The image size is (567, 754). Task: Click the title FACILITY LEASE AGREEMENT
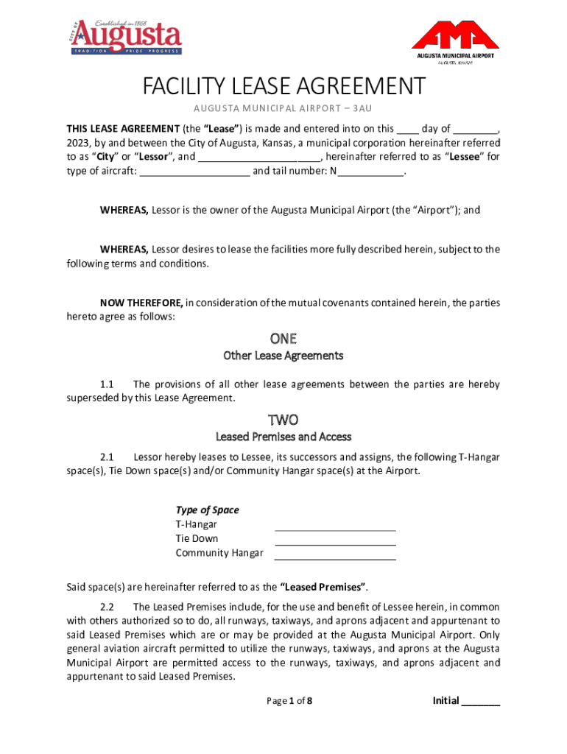tap(283, 87)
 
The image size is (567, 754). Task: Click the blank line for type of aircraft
tap(194, 172)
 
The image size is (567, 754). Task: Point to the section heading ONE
tap(283, 339)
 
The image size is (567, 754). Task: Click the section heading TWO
tap(283, 420)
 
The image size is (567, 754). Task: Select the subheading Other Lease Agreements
tap(283, 356)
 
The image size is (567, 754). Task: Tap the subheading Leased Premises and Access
tap(283, 437)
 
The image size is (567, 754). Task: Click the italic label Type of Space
tap(207, 510)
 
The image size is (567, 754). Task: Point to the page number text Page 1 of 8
tap(289, 701)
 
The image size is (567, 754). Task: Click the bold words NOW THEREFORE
tap(141, 303)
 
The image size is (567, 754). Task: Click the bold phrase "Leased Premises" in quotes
tap(323, 587)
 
